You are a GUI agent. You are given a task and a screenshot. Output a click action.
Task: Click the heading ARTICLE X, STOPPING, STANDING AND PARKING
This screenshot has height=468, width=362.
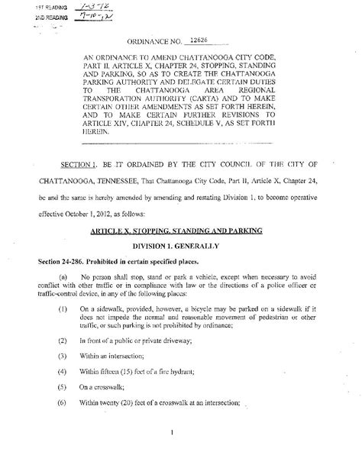[177, 230]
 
